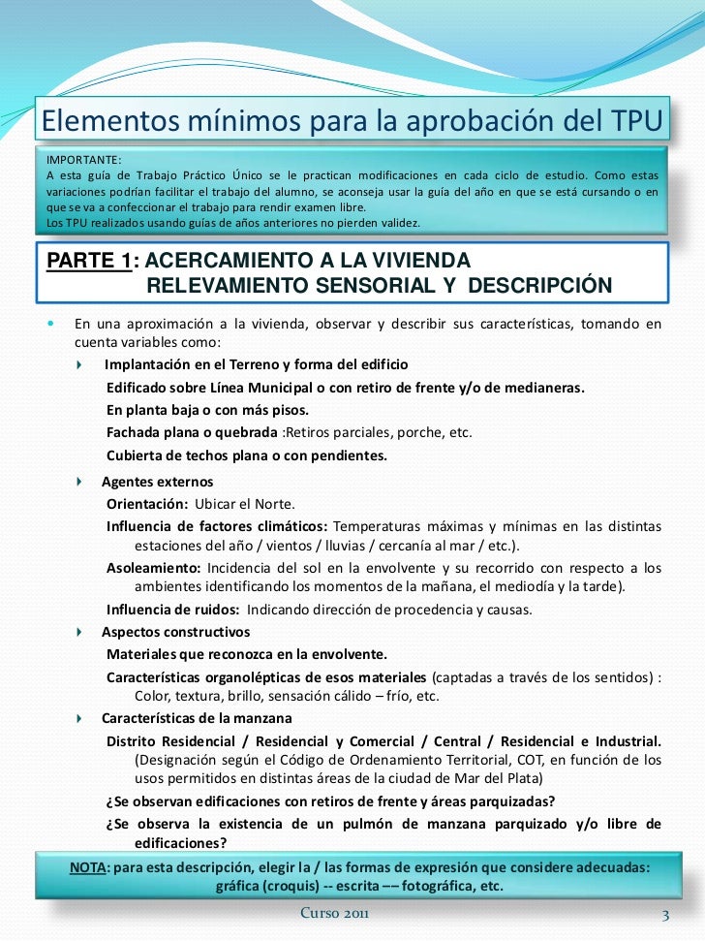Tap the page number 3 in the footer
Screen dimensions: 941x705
pos(664,915)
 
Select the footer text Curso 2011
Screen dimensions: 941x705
pos(334,914)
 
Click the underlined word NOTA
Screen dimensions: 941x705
pos(90,866)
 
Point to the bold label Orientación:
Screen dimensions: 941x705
pos(146,504)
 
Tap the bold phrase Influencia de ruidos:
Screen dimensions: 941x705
pos(173,610)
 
